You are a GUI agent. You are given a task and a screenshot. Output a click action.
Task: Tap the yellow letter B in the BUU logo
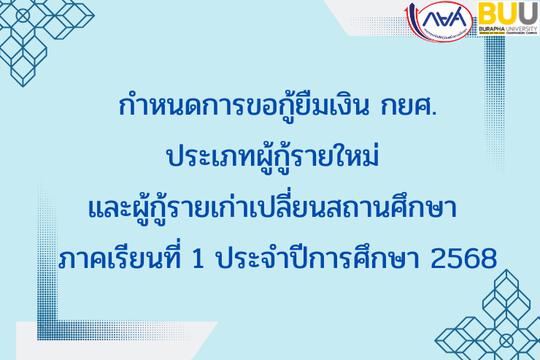tap(490, 13)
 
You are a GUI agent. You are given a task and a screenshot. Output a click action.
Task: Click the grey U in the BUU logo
tap(509, 13)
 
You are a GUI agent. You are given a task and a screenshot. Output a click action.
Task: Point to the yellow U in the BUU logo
tap(528, 13)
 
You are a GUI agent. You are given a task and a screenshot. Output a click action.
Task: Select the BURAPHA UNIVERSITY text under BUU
tap(509, 28)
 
